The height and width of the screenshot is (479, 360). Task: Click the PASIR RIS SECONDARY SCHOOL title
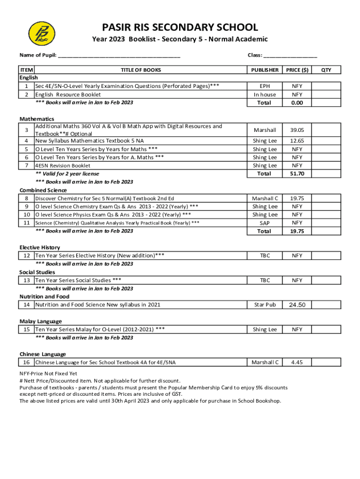pyautogui.click(x=180, y=28)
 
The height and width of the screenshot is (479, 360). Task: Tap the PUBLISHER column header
pyautogui.click(x=265, y=70)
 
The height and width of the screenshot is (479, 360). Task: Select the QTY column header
pyautogui.click(x=326, y=70)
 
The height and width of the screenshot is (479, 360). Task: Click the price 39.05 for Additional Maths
pyautogui.click(x=297, y=130)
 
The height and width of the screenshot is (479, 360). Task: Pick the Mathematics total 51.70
pyautogui.click(x=297, y=174)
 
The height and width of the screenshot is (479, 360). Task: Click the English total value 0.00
pyautogui.click(x=297, y=103)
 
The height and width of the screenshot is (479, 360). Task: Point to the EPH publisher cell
pyautogui.click(x=265, y=86)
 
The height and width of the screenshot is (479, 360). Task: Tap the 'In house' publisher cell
pyautogui.click(x=265, y=94)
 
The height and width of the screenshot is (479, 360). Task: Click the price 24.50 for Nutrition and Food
pyautogui.click(x=297, y=305)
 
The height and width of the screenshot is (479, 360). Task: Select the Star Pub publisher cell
pyautogui.click(x=265, y=305)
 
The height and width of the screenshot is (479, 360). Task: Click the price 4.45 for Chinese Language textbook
pyautogui.click(x=297, y=362)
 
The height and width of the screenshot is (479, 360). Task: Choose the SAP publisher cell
pyautogui.click(x=265, y=223)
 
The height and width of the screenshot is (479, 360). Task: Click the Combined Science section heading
pyautogui.click(x=43, y=190)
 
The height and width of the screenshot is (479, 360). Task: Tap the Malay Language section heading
pyautogui.click(x=41, y=321)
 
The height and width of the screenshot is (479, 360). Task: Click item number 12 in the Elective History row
pyautogui.click(x=27, y=256)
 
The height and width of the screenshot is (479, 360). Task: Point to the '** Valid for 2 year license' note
pyautogui.click(x=67, y=174)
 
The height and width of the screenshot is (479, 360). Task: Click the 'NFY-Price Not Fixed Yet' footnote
pyautogui.click(x=48, y=374)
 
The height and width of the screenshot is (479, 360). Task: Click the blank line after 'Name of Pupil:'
pyautogui.click(x=119, y=56)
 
